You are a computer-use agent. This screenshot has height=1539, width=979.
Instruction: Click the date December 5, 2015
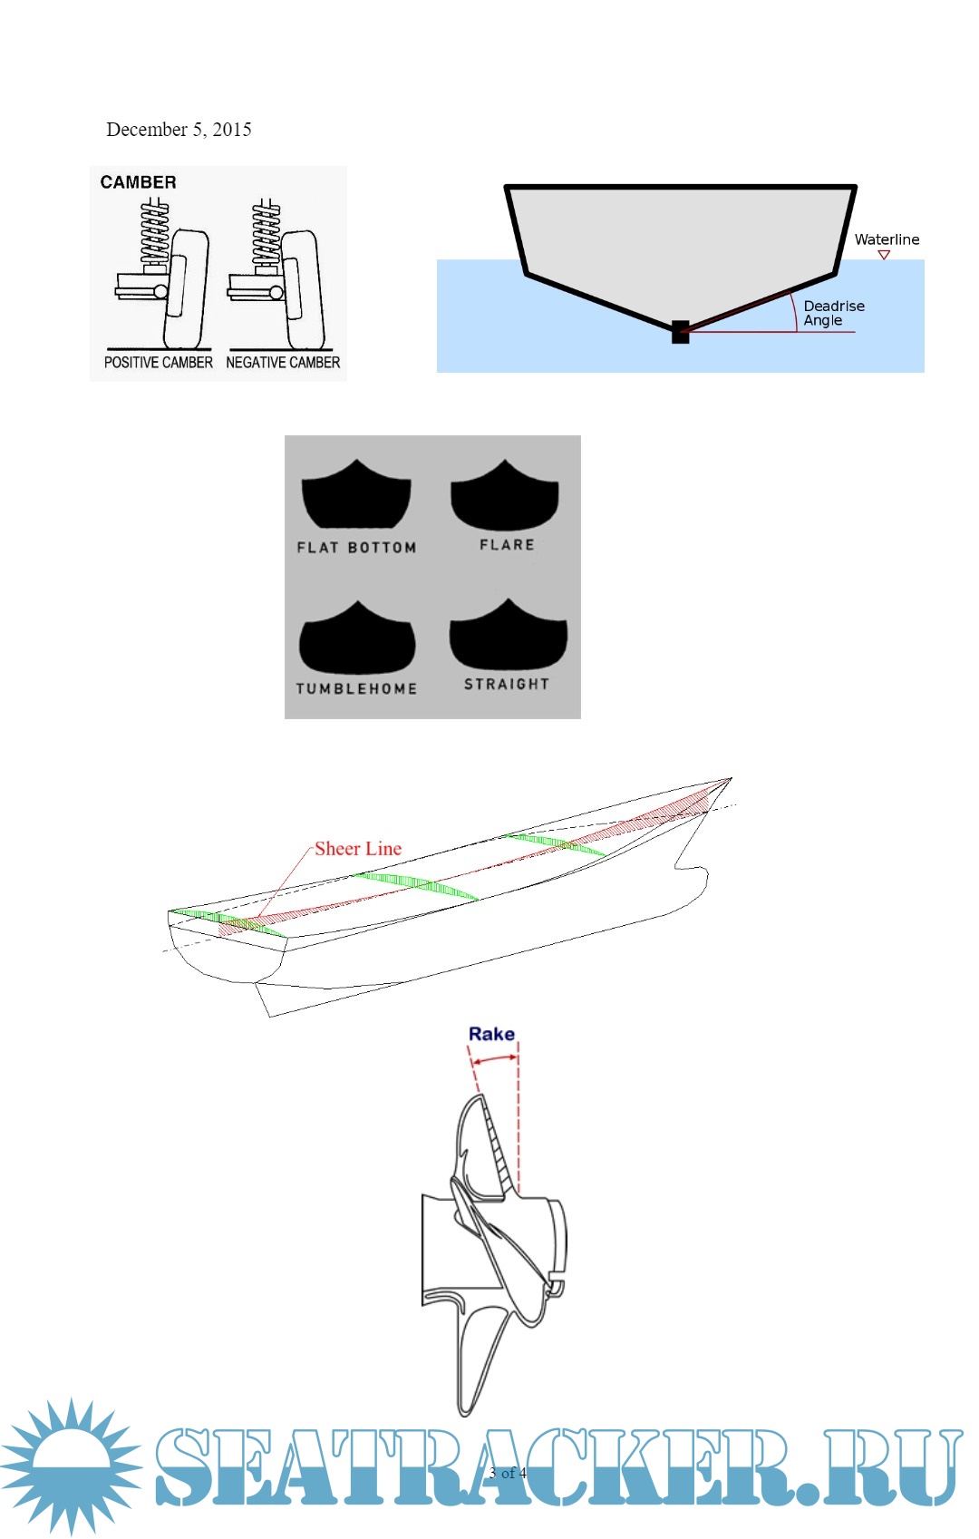click(x=179, y=129)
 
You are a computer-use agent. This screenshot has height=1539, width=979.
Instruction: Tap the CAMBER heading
click(x=138, y=182)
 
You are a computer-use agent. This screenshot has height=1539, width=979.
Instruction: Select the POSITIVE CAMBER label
click(x=159, y=362)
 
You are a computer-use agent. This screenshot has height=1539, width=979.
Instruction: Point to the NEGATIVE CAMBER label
click(x=283, y=362)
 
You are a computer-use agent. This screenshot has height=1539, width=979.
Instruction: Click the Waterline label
click(x=887, y=239)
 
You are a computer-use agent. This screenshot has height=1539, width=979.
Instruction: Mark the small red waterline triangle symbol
click(x=884, y=255)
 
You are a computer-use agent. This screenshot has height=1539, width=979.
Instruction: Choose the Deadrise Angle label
click(x=833, y=313)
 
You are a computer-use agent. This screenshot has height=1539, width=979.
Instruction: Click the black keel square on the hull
click(x=681, y=332)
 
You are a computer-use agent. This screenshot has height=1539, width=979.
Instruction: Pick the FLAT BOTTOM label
click(x=356, y=547)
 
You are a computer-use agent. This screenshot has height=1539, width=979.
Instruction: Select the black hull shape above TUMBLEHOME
click(x=357, y=639)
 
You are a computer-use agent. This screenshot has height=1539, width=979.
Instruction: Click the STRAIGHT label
click(x=507, y=684)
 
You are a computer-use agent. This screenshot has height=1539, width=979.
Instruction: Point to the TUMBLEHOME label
click(x=356, y=687)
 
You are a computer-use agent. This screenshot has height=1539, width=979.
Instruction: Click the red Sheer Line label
click(x=358, y=849)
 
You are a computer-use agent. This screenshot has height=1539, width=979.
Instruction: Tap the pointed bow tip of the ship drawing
click(x=732, y=778)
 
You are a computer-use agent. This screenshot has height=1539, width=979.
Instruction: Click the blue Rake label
click(x=491, y=1034)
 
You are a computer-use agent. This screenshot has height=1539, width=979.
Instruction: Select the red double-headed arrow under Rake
click(x=495, y=1059)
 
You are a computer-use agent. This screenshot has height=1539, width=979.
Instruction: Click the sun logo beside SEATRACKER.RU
click(x=72, y=1467)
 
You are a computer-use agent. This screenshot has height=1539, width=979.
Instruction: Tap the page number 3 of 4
click(x=508, y=1473)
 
